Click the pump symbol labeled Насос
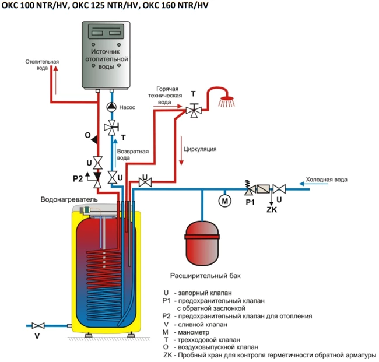click(111, 107)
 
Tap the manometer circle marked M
click(225, 201)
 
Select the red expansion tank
click(202, 243)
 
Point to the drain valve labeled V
click(38, 325)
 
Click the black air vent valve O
click(94, 139)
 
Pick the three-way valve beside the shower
click(194, 110)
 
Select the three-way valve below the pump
click(112, 127)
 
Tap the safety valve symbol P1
click(249, 188)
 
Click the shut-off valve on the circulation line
click(145, 182)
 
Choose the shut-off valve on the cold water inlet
click(279, 189)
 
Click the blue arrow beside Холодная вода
click(314, 184)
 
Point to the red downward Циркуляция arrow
click(181, 150)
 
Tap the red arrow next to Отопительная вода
click(56, 80)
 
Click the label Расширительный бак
click(205, 276)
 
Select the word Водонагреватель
click(69, 199)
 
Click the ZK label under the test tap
click(272, 209)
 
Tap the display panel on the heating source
click(106, 31)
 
